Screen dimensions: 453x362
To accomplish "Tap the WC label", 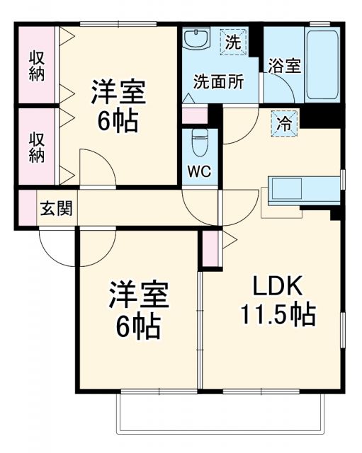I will tap(198, 171).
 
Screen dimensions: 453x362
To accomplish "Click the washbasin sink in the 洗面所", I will tap(194, 39).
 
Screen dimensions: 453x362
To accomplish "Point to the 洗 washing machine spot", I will tap(232, 41).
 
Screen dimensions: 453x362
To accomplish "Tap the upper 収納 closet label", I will tap(35, 65).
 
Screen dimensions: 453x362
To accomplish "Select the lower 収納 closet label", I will tap(35, 146).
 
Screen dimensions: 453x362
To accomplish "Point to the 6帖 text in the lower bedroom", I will tap(138, 325).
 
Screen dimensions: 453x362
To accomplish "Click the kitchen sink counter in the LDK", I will tap(305, 190).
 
